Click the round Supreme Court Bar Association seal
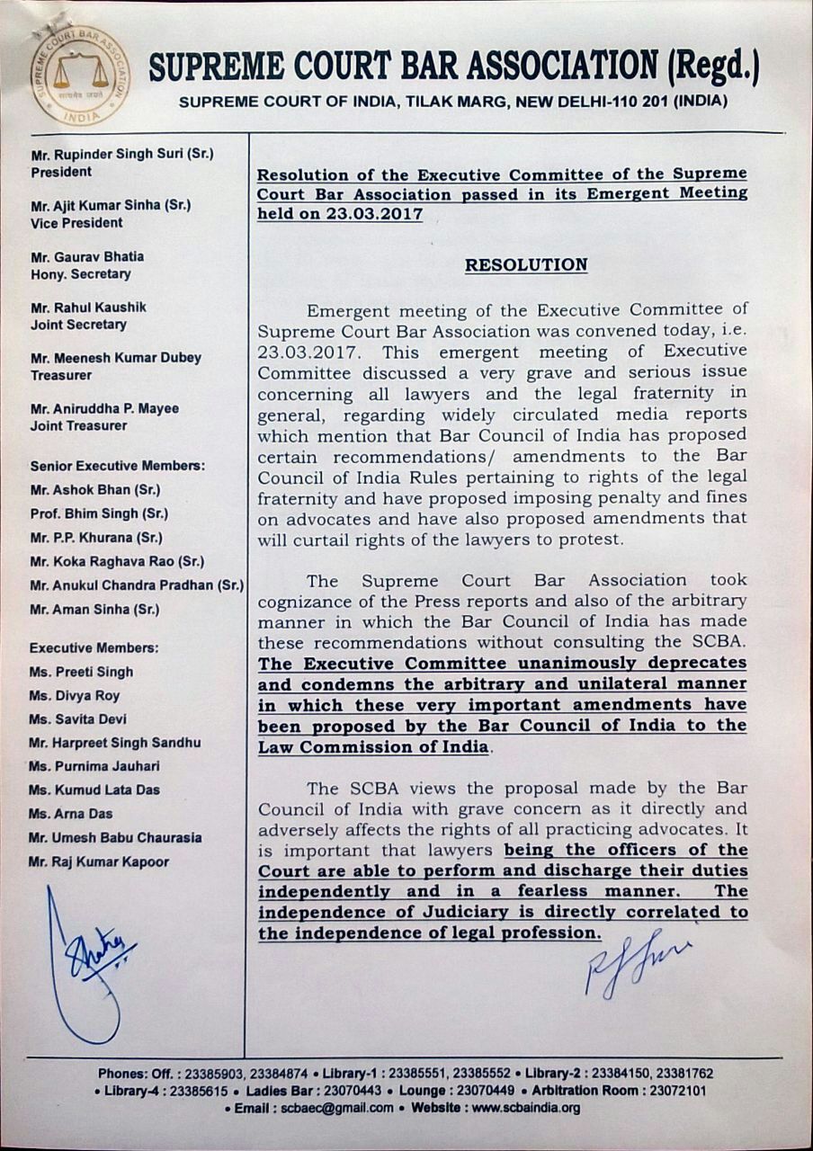click(80, 75)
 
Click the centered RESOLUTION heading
click(526, 265)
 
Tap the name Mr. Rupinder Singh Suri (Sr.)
click(121, 154)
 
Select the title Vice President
click(76, 223)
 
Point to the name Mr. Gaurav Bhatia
click(87, 256)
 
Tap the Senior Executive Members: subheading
click(117, 466)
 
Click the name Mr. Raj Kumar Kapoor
click(99, 861)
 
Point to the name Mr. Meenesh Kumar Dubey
click(116, 358)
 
